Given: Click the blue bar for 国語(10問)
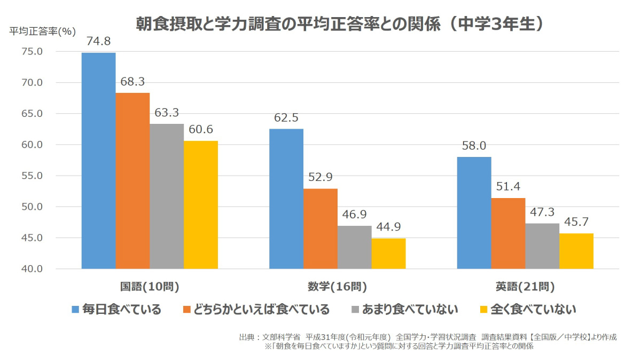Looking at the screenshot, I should pyautogui.click(x=98, y=160).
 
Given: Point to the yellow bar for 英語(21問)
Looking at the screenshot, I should pyautogui.click(x=576, y=251).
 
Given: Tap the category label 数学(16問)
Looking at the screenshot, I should pyautogui.click(x=337, y=287).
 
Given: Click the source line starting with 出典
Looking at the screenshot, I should pyautogui.click(x=427, y=337).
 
